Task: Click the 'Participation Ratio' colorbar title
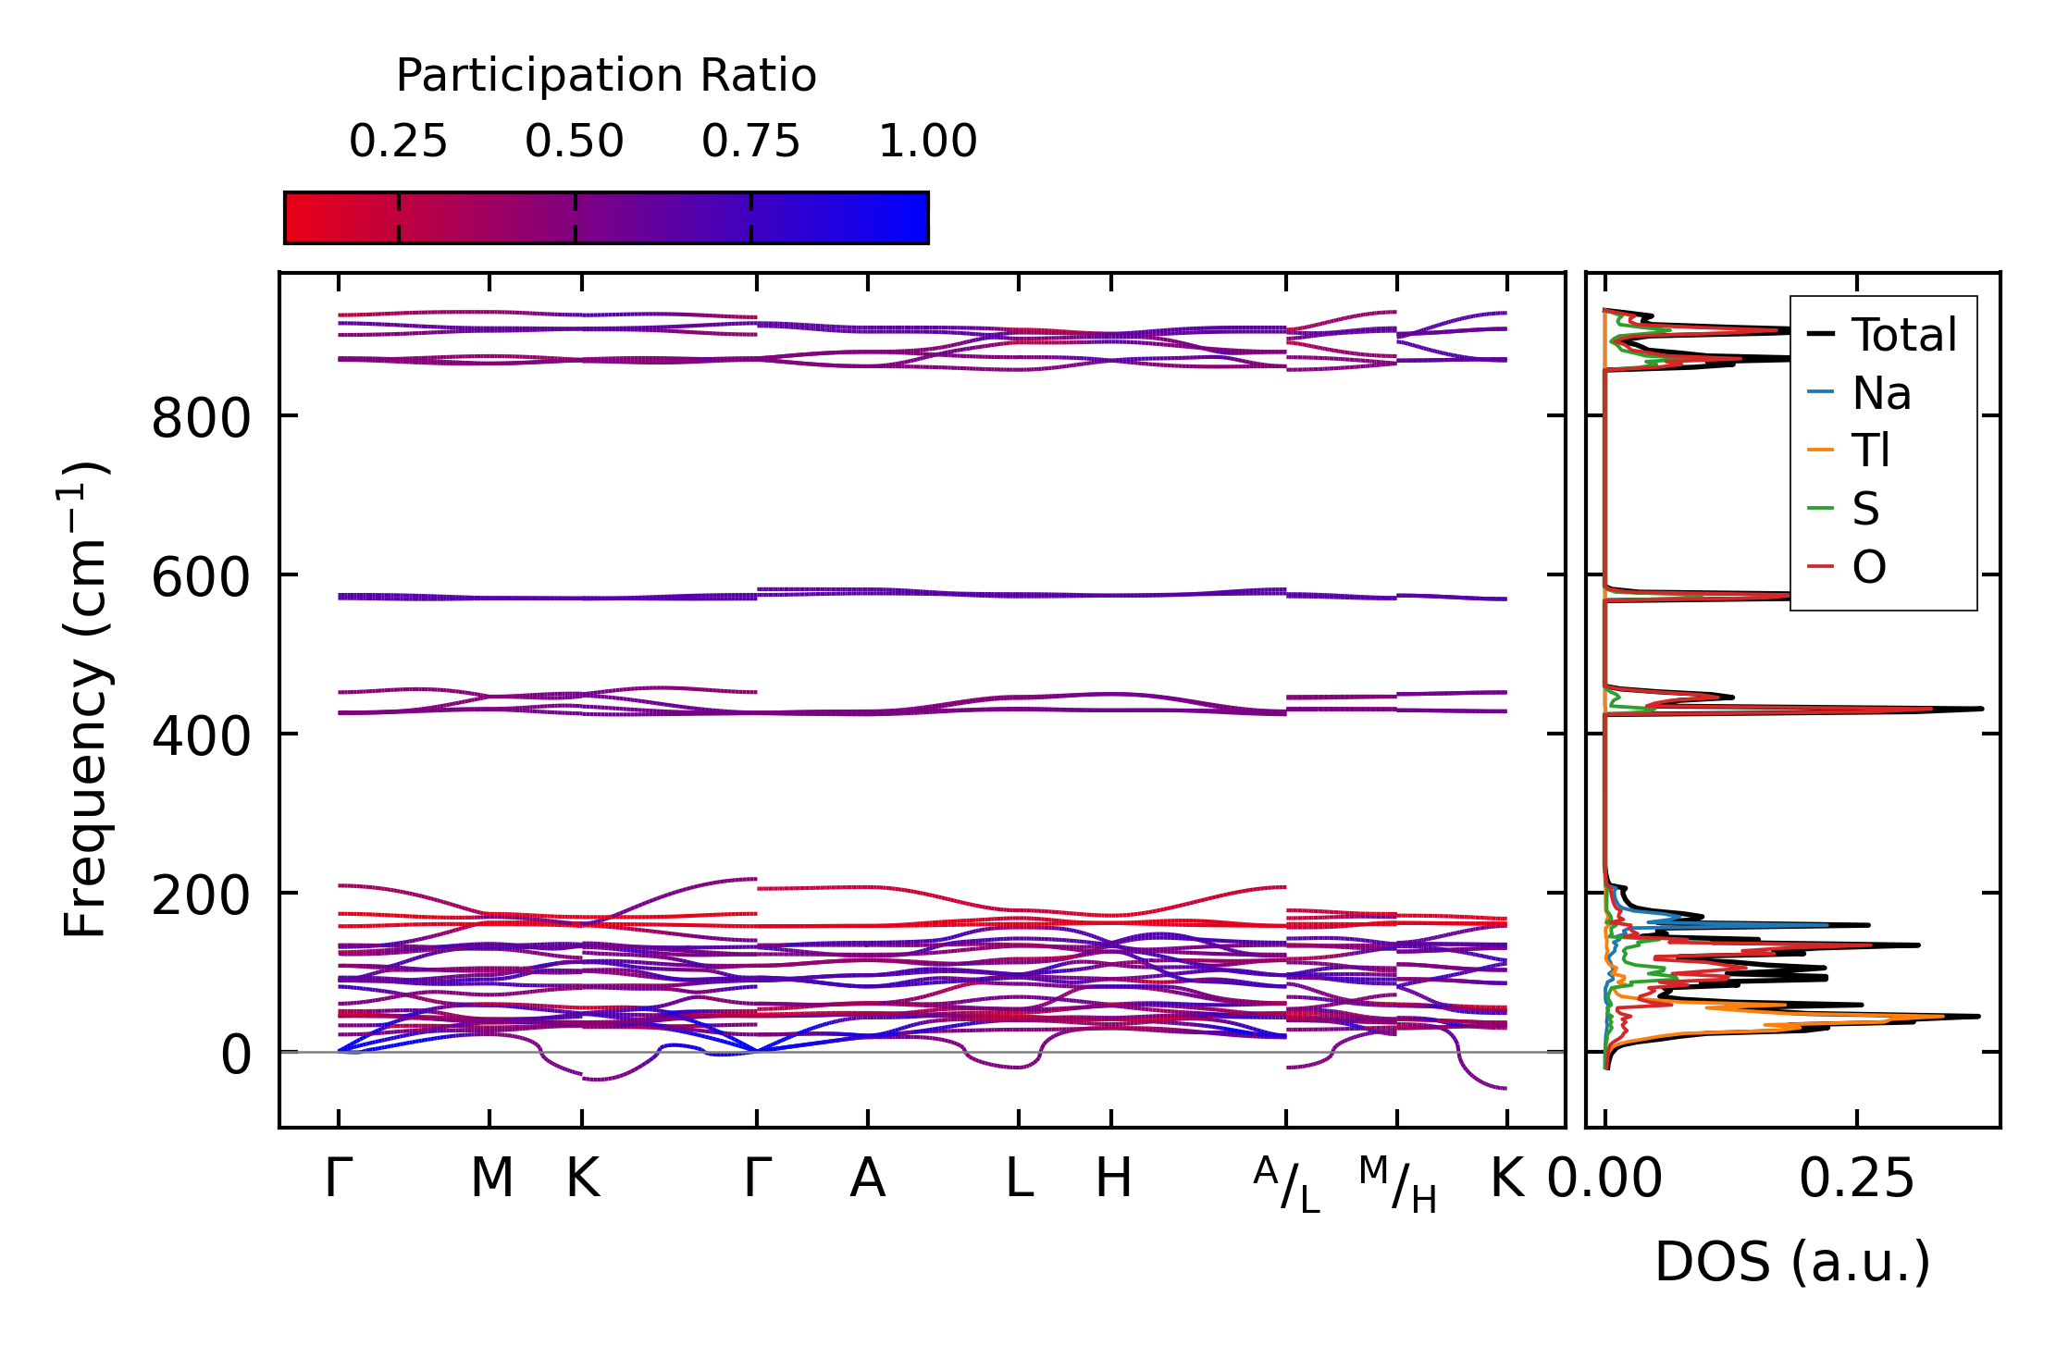tap(606, 76)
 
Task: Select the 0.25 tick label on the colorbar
tap(398, 142)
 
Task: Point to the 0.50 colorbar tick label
tap(575, 142)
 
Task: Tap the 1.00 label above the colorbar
tap(927, 142)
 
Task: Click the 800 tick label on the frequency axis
tap(201, 418)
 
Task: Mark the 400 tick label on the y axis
tap(201, 736)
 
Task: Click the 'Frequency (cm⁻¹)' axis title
tap(86, 699)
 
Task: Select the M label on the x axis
tap(490, 1179)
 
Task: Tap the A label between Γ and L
tap(868, 1179)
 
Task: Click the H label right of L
tap(1113, 1179)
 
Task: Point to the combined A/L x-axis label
tap(1286, 1184)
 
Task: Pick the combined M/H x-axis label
tap(1397, 1184)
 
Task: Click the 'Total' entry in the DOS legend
tap(1903, 335)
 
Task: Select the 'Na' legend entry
tap(1881, 393)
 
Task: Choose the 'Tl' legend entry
tap(1870, 451)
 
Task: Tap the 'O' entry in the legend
tap(1868, 566)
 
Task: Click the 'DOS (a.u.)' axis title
tap(1792, 1262)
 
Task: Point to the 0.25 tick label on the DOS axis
tap(1856, 1179)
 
